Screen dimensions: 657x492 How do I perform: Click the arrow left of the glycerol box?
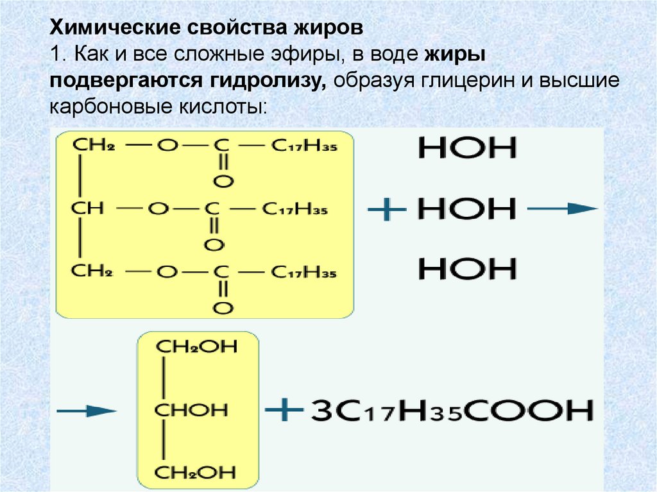[x=86, y=409]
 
